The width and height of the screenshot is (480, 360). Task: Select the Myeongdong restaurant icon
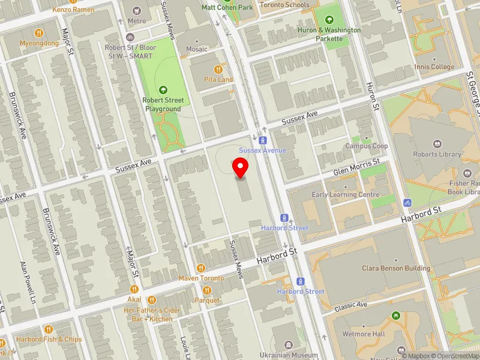tap(39, 33)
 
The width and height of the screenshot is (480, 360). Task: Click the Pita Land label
tap(218, 79)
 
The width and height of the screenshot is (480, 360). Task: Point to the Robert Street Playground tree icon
tap(163, 90)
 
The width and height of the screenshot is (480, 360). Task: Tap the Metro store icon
tap(137, 11)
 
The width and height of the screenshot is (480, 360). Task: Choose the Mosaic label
tap(196, 49)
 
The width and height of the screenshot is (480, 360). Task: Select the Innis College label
tap(434, 67)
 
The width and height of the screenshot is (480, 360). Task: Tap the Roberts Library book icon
tap(437, 144)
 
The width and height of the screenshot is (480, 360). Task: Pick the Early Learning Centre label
tap(346, 194)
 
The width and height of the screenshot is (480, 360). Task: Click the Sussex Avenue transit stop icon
tap(262, 139)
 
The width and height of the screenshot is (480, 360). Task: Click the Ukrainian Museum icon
tap(289, 344)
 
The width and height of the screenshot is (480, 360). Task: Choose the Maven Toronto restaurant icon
tap(201, 268)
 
